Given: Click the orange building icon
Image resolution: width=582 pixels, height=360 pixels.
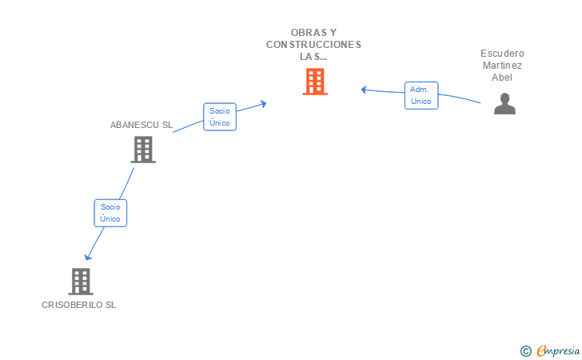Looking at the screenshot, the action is tap(315, 82).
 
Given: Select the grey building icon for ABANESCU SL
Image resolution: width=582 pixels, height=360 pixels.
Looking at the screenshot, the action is tap(143, 150).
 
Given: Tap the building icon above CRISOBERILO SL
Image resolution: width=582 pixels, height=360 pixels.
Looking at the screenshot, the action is tap(81, 282).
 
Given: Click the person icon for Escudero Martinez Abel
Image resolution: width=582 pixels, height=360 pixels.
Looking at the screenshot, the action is tap(504, 104).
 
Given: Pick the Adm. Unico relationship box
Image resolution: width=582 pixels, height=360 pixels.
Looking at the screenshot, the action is tap(421, 95).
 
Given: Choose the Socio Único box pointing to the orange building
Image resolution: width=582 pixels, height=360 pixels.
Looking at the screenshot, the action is tap(220, 117).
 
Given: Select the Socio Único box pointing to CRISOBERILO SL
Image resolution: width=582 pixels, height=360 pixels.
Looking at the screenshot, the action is tap(110, 213).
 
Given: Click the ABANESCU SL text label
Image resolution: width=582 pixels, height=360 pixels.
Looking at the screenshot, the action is tap(142, 125).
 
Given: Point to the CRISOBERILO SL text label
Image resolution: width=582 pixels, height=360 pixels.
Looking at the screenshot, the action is tap(78, 305).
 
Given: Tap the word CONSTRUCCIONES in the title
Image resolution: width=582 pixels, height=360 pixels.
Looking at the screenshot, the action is tap(313, 45).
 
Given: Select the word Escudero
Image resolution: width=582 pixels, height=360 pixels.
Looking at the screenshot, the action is tap(502, 54).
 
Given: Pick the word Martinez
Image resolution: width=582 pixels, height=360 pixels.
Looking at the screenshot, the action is tap(502, 66).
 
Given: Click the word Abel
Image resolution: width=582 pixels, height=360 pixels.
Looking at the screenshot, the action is tap(502, 78).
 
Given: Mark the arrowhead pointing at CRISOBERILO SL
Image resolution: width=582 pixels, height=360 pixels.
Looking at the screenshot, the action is tap(88, 257).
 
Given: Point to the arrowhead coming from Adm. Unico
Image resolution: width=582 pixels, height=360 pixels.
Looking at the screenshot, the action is tap(364, 90).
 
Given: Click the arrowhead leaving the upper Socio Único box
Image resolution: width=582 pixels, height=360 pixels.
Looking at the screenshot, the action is tap(264, 104).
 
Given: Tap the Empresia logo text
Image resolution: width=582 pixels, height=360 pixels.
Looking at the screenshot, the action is tap(558, 350).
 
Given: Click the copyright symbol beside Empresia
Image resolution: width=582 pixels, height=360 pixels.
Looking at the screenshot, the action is tap(525, 351).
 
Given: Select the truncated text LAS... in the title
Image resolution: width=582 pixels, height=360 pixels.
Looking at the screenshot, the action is tap(313, 57).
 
